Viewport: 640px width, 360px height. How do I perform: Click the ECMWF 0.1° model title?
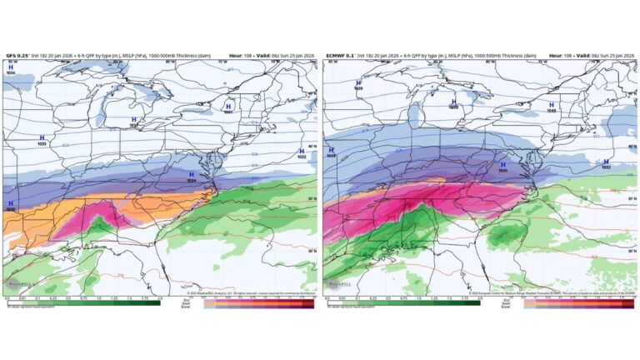coord(342,55)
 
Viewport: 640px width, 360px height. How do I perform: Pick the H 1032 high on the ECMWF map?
coord(606,164)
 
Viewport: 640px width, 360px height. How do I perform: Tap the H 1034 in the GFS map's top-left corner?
coord(11,69)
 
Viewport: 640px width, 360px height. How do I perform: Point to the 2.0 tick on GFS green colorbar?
coord(159,297)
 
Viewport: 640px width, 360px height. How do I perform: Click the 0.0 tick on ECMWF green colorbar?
coord(327,297)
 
